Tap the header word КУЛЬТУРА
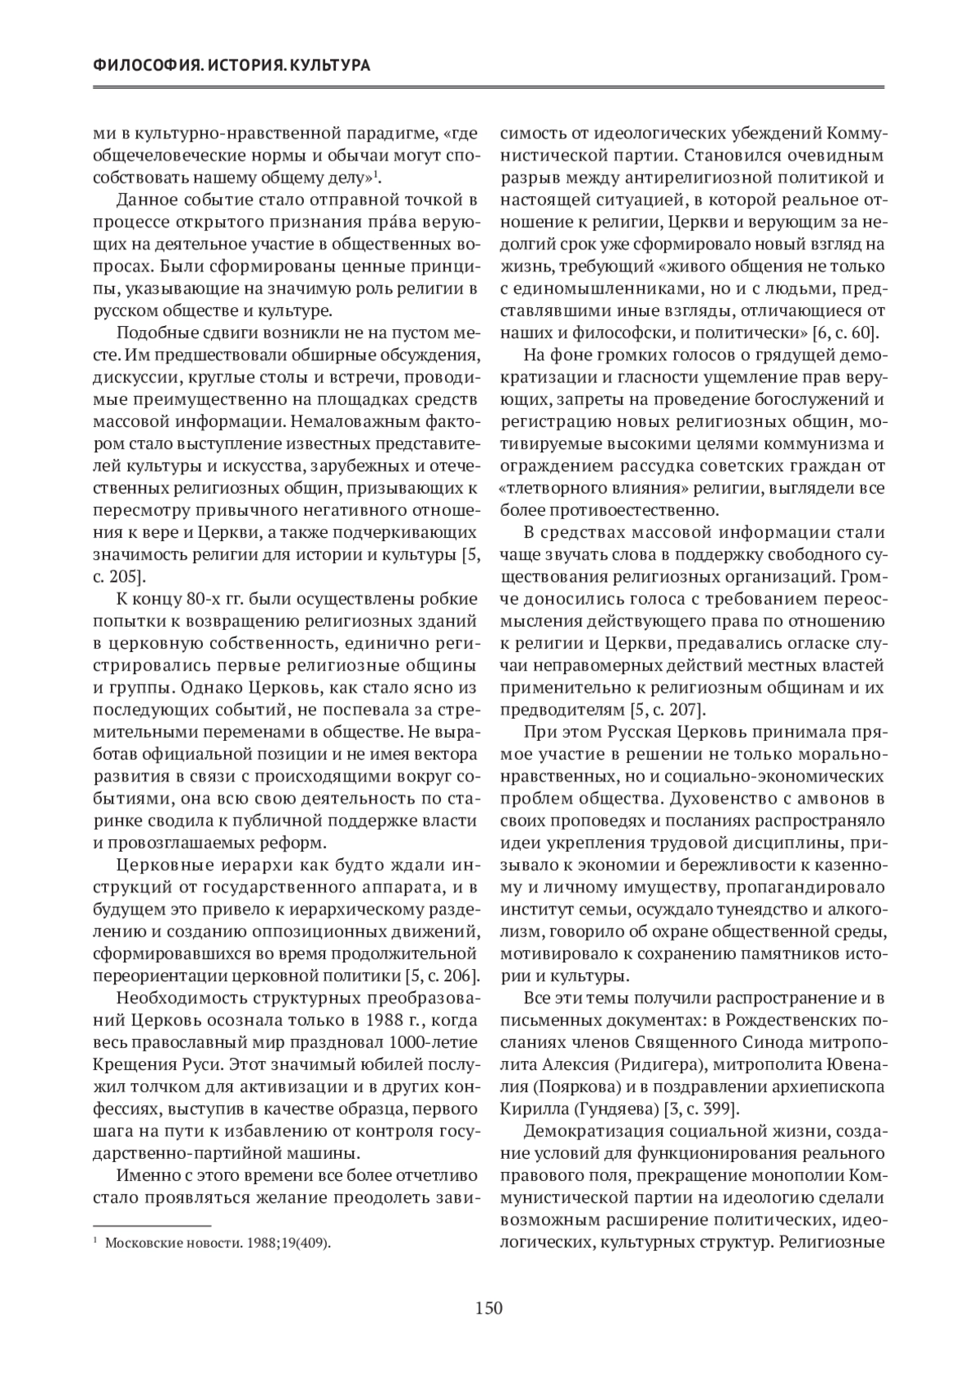[x=331, y=65]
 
